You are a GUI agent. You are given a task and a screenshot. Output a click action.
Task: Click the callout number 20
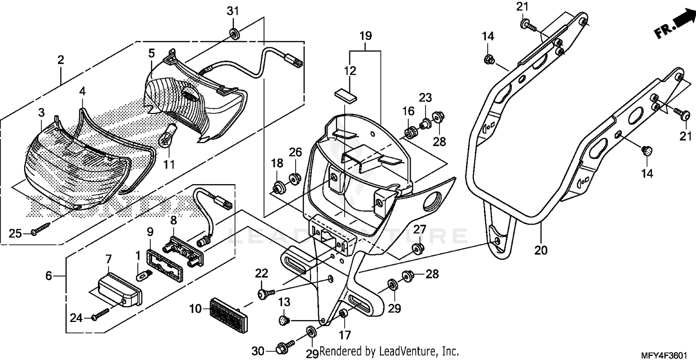[x=541, y=251]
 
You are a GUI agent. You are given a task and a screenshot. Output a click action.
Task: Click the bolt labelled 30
[x=284, y=346]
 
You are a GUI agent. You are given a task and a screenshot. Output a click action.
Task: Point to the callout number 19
[x=366, y=35]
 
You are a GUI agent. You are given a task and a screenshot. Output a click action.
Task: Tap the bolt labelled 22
[x=265, y=293]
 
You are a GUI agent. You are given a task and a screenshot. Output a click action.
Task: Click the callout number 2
[x=60, y=60]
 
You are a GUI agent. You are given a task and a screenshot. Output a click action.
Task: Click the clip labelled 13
[x=284, y=320]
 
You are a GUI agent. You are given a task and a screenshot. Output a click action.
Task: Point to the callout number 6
[x=49, y=276]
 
